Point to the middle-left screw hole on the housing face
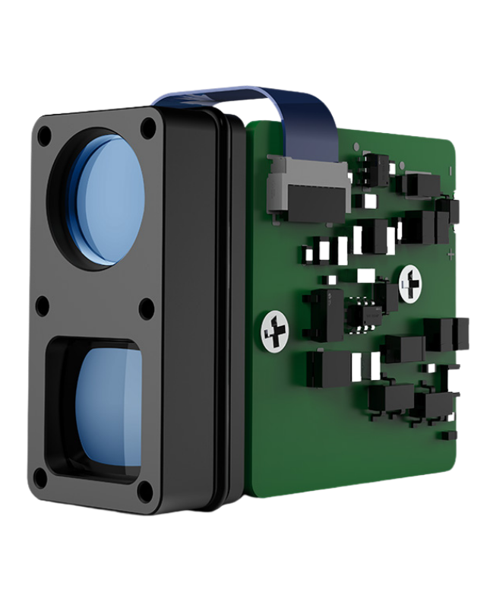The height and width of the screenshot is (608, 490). tap(43, 306)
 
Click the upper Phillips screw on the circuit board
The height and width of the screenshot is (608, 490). tap(411, 281)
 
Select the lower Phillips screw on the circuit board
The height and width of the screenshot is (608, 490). tap(276, 331)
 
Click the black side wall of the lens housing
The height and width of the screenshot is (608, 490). tap(194, 304)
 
